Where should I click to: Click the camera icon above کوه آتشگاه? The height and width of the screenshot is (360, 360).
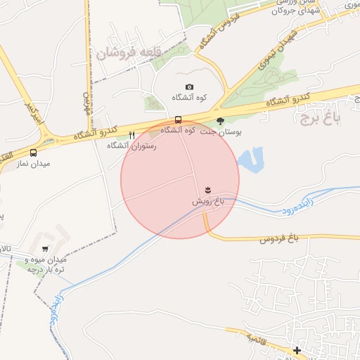pyautogui.click(x=188, y=86)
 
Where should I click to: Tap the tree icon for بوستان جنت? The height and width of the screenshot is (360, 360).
pyautogui.click(x=220, y=120)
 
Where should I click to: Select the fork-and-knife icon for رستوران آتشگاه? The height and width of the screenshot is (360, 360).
pyautogui.click(x=131, y=135)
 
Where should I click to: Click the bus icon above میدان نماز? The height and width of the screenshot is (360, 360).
pyautogui.click(x=33, y=153)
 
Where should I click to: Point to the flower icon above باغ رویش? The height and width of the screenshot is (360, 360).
pyautogui.click(x=207, y=190)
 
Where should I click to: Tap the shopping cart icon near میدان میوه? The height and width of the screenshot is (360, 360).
pyautogui.click(x=46, y=249)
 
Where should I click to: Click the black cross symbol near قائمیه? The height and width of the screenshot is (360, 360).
pyautogui.click(x=297, y=350)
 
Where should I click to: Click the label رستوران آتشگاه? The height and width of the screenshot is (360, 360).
pyautogui.click(x=131, y=146)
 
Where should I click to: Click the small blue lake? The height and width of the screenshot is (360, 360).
pyautogui.click(x=251, y=160)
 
